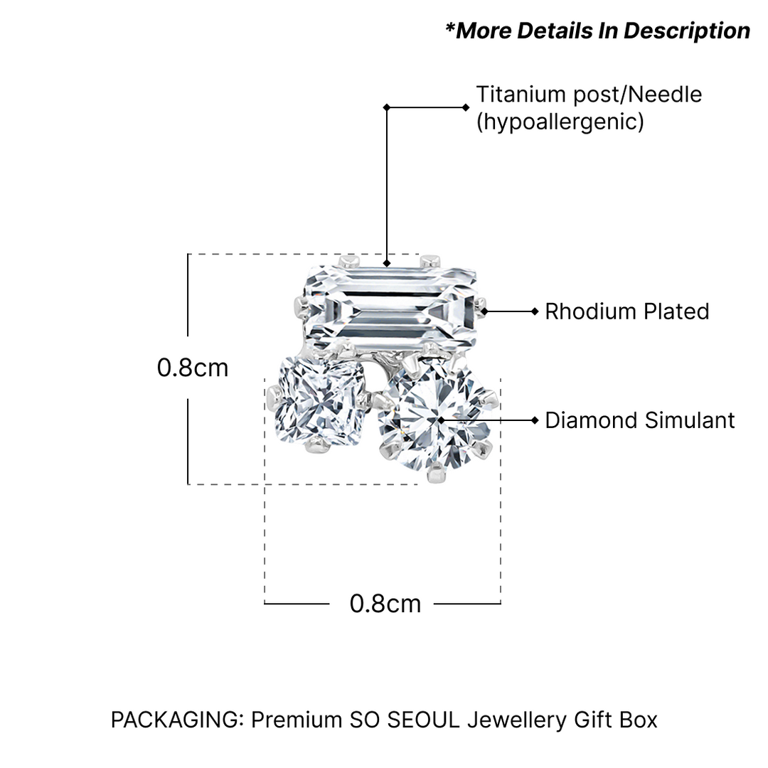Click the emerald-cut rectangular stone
point(390,309)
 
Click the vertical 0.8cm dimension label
point(193,368)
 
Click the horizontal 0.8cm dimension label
point(385,604)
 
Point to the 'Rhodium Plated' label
point(626,311)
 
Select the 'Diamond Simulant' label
point(639,420)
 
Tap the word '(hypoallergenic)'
point(560,122)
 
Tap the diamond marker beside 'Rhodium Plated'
point(535,311)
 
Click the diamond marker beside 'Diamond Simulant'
point(535,420)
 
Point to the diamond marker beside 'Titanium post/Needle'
point(466,107)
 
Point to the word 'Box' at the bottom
point(638,720)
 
